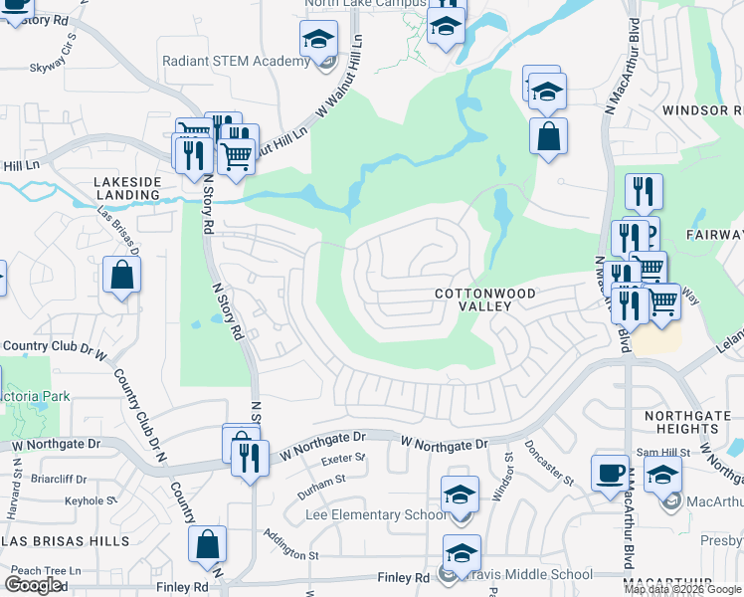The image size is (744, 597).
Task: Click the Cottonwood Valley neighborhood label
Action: pos(485,299)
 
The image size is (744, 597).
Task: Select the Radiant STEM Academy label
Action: pos(237,62)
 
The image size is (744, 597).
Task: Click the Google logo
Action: pos(34,585)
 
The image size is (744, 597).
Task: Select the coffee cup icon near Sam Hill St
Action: pos(610,474)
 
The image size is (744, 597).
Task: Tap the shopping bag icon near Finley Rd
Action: pos(207,544)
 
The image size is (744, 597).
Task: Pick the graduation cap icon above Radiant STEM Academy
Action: pos(318,41)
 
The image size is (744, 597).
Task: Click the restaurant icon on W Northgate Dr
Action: pos(247,457)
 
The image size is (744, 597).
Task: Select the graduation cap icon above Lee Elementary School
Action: pos(460,494)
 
